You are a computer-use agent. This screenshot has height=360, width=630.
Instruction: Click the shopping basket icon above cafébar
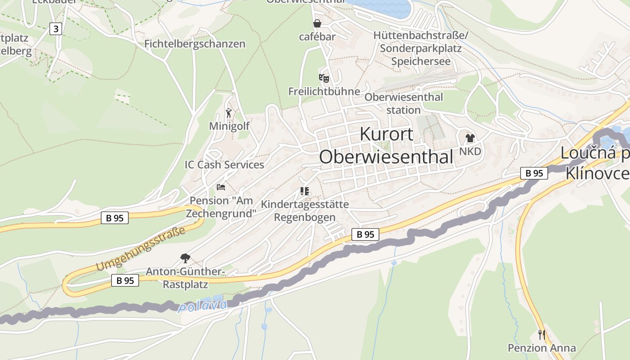[x=317, y=23]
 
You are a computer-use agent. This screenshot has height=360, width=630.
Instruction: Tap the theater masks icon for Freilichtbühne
[x=324, y=78]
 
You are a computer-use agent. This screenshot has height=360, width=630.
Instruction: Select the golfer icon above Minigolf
[x=229, y=113]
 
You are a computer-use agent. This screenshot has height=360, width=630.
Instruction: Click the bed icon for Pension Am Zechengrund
[x=220, y=187]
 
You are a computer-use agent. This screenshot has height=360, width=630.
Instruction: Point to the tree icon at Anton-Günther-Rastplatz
[x=184, y=258]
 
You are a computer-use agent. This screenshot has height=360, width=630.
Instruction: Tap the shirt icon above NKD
[x=470, y=138]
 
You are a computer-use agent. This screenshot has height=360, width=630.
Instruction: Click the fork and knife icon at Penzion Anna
[x=542, y=334]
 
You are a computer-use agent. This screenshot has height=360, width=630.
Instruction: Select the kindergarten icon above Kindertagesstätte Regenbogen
[x=305, y=191]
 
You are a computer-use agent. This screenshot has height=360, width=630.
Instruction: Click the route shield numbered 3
[x=55, y=29]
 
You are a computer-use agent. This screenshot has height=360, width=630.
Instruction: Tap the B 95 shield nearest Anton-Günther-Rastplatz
[x=125, y=280]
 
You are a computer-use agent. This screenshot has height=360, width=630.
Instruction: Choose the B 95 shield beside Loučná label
[x=534, y=173]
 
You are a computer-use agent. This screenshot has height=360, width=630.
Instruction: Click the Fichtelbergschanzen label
[x=195, y=44]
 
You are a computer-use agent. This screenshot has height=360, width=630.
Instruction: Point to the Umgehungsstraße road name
[x=140, y=249]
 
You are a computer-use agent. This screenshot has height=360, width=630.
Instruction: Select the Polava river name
[x=203, y=306]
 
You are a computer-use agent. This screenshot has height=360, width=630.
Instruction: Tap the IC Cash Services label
[x=225, y=165]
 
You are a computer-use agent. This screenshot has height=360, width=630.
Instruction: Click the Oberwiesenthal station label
[x=404, y=103]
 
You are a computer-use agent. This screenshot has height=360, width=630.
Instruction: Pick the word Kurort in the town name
[x=387, y=134]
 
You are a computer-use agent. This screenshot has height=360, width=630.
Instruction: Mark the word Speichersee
[x=421, y=61]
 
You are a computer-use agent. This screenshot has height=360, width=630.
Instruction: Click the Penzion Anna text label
[x=542, y=348]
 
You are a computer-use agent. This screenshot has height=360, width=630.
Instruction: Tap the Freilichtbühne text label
[x=324, y=91]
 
